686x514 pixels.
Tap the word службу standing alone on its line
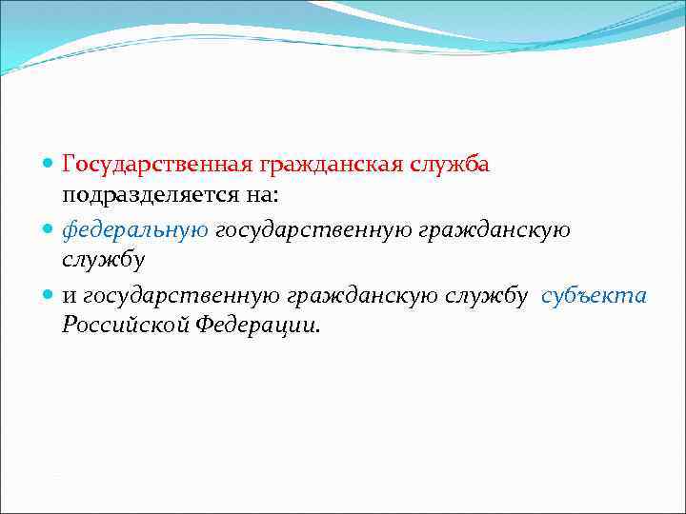(103, 260)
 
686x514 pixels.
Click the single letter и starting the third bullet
(69, 295)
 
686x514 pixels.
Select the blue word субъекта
(594, 295)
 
